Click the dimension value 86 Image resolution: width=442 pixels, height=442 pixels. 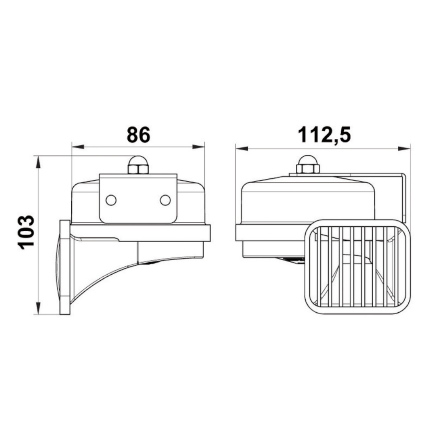(138, 135)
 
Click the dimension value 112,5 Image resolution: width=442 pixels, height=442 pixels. (324, 135)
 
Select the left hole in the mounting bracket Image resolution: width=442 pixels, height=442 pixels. (111, 200)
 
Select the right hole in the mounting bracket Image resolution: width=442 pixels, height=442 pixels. (165, 200)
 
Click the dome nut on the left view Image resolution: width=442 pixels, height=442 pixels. (138, 165)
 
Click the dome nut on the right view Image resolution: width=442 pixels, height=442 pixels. (307, 165)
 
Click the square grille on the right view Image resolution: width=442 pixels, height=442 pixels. (358, 267)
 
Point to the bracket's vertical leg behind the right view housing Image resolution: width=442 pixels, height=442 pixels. (403, 196)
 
